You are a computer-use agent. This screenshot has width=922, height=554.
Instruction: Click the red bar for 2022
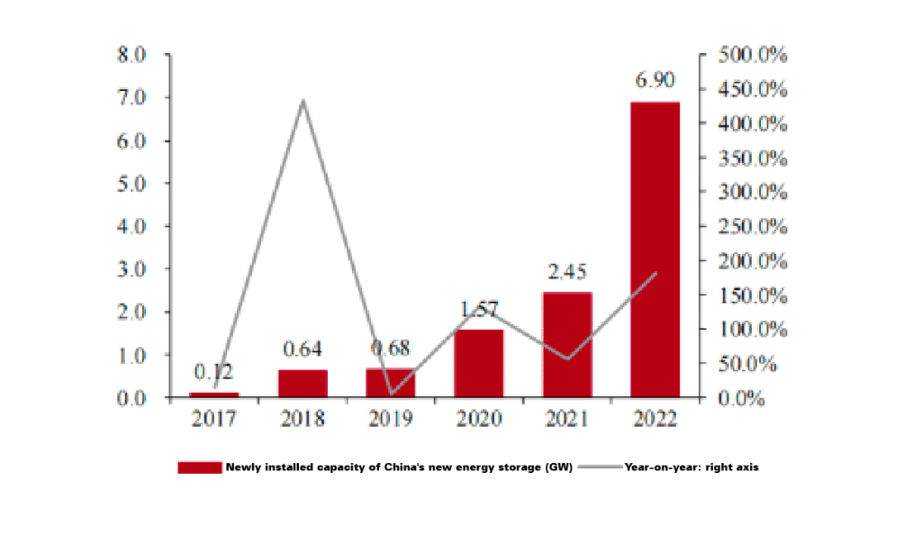pos(655,250)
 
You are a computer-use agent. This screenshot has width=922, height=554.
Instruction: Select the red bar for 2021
pos(566,344)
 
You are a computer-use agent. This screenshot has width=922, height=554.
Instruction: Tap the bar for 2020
pos(478,363)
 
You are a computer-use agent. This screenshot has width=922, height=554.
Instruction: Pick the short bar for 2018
pos(303,383)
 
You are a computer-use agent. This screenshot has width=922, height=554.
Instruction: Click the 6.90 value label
pos(655,81)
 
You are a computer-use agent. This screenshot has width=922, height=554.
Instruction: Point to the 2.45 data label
pos(566,272)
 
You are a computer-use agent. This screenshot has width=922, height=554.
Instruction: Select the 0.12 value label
pos(213,372)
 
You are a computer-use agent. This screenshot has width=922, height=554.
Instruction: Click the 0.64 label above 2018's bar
pos(303,349)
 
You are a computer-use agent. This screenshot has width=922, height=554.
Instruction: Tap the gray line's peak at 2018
pos(303,100)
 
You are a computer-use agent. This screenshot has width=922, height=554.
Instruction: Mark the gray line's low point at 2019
pos(391,394)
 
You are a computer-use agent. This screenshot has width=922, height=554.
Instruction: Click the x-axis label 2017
pos(213,419)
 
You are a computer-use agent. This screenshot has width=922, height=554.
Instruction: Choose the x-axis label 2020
pos(478,419)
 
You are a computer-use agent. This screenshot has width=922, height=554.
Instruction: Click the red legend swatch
pos(199,467)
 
